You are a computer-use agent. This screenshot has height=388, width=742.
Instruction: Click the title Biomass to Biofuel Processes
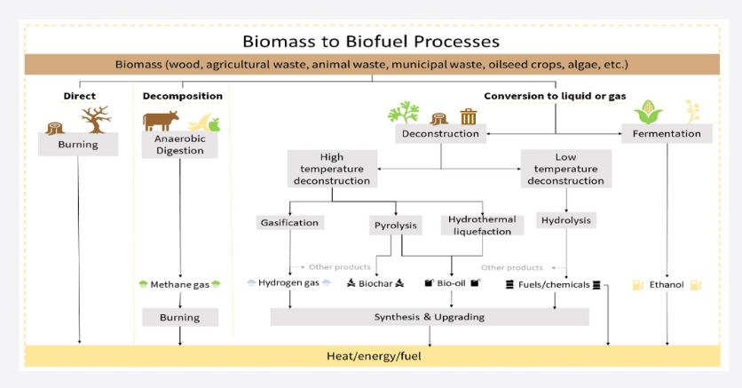371,42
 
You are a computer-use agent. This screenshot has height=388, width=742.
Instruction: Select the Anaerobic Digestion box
180,145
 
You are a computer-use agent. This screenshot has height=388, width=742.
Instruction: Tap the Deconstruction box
441,134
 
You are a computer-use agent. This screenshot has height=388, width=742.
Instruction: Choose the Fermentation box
667,134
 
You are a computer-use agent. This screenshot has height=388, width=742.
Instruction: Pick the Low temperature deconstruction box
565,169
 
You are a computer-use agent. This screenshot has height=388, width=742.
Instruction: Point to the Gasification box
288,223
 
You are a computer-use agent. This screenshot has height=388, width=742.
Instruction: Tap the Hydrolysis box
565,221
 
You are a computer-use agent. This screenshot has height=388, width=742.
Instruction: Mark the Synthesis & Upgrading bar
430,317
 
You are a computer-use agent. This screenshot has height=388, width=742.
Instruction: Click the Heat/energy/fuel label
371,356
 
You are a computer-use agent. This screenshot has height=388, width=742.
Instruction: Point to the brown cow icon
162,120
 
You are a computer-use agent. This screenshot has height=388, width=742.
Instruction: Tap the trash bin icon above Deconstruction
469,116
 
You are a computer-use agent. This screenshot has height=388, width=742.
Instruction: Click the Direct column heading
79,95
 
